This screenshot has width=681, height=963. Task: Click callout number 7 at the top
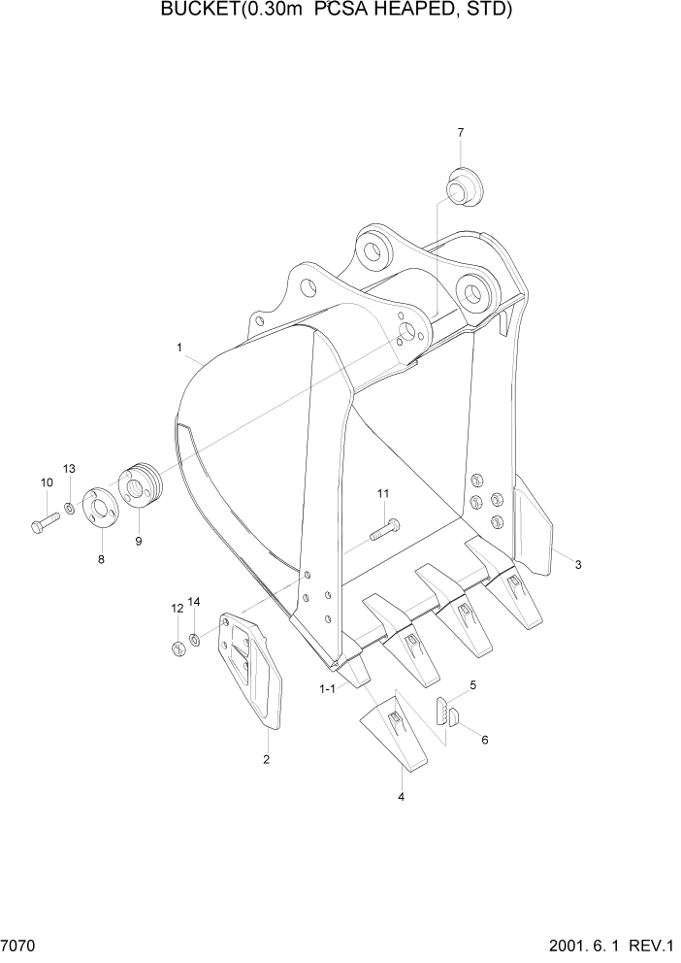460,132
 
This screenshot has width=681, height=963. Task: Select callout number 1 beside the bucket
179,347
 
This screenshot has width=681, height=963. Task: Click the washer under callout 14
195,639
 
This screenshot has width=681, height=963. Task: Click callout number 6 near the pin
484,740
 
